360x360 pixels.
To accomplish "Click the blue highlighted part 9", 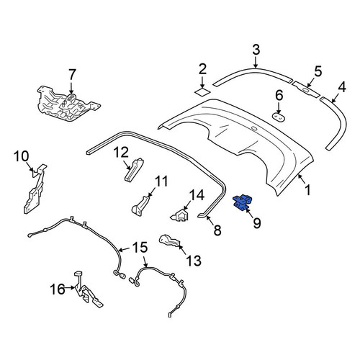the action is pos(243,202).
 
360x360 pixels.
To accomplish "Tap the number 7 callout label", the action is pos(72,76).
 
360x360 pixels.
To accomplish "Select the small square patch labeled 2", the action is pos(202,92).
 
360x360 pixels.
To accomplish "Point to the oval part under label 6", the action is pos(279,117).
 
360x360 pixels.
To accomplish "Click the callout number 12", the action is pos(122,153).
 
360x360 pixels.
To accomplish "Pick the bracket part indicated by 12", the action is pos(134,170).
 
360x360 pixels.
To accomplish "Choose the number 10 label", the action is pos(22,156).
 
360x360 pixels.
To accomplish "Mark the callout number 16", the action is pos(58,289).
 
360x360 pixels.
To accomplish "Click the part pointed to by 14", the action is pos(180,215).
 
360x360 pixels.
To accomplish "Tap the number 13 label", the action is pos(194,261).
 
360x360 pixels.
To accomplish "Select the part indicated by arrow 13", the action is pos(170,241).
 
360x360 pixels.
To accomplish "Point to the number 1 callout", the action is pos(307,189).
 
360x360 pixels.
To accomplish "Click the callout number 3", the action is pos(256,50).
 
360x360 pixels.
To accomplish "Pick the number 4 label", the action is pos(342,87).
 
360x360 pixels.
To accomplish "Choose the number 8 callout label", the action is pos(217,230).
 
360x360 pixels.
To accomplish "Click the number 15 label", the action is pos(140,248).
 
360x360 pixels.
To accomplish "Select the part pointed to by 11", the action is pos(140,206).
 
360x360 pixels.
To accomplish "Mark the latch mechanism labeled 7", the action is pos(68,104).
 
